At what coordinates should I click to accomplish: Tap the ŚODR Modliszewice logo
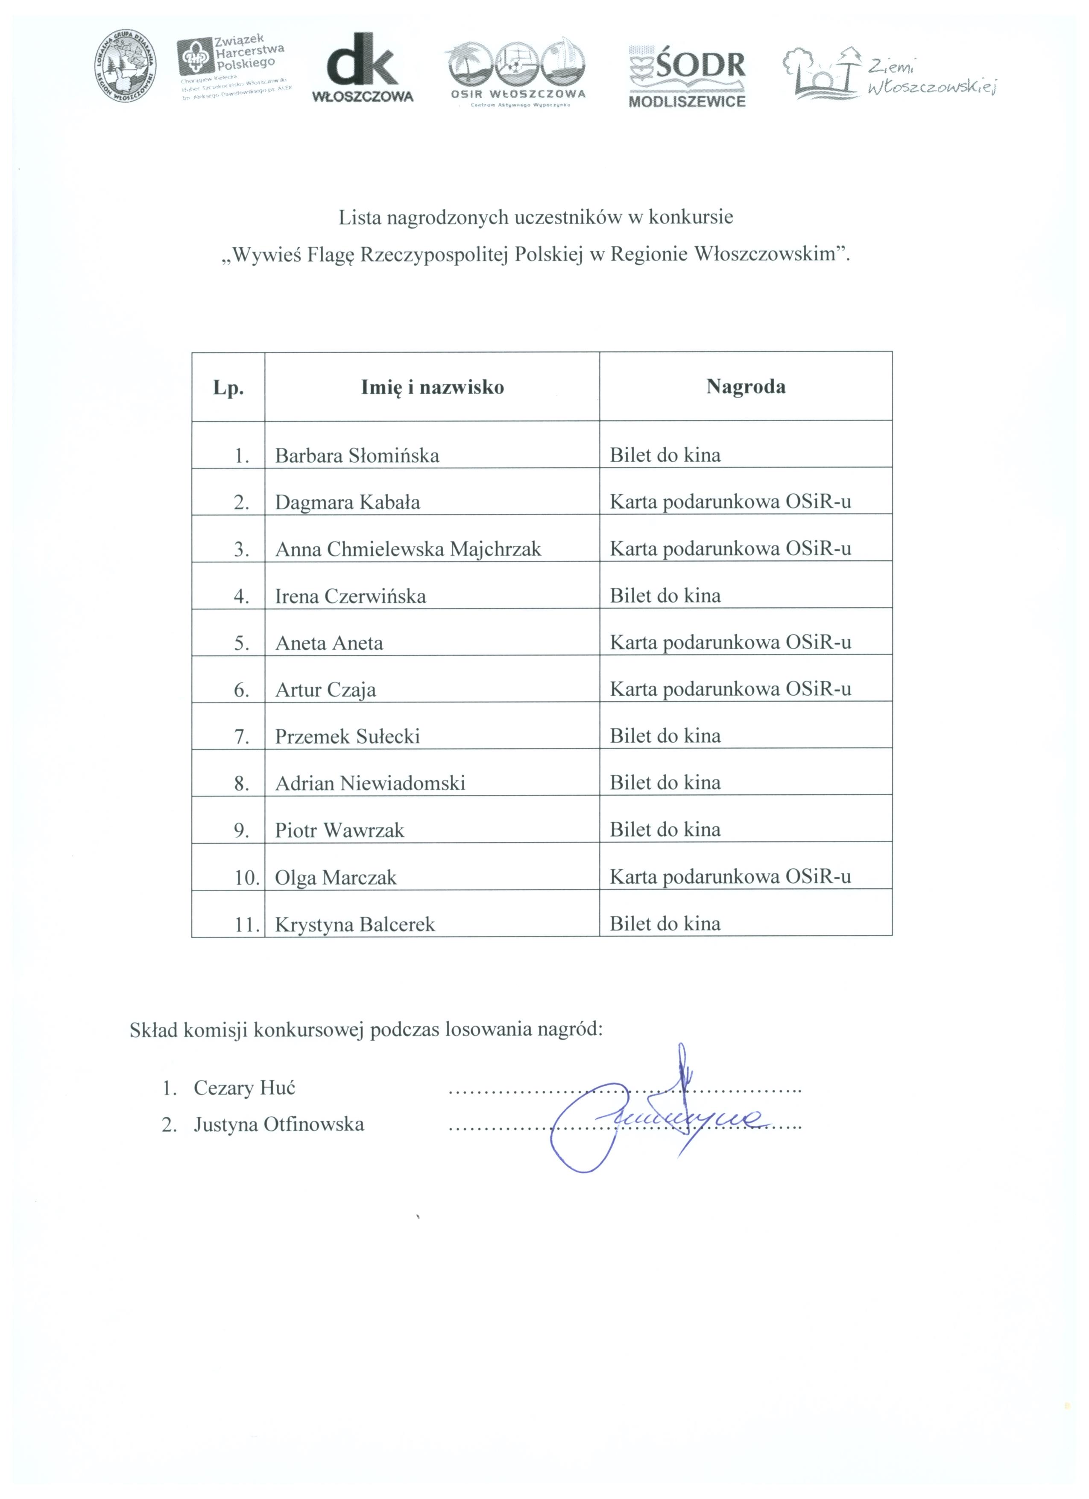point(687,76)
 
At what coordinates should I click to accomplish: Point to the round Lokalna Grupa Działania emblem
point(126,66)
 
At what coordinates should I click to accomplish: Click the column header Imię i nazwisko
point(432,387)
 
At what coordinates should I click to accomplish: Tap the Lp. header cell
point(228,388)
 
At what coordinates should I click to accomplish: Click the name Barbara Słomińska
point(357,455)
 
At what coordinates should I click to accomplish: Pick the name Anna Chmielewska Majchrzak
point(408,549)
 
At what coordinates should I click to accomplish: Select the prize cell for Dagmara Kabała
point(730,502)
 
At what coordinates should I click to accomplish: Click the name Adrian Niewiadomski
point(370,783)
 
